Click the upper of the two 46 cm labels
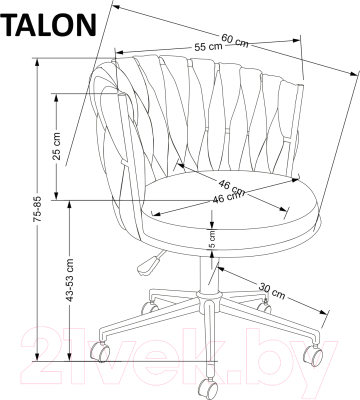(232, 185)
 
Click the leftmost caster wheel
(100, 351)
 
